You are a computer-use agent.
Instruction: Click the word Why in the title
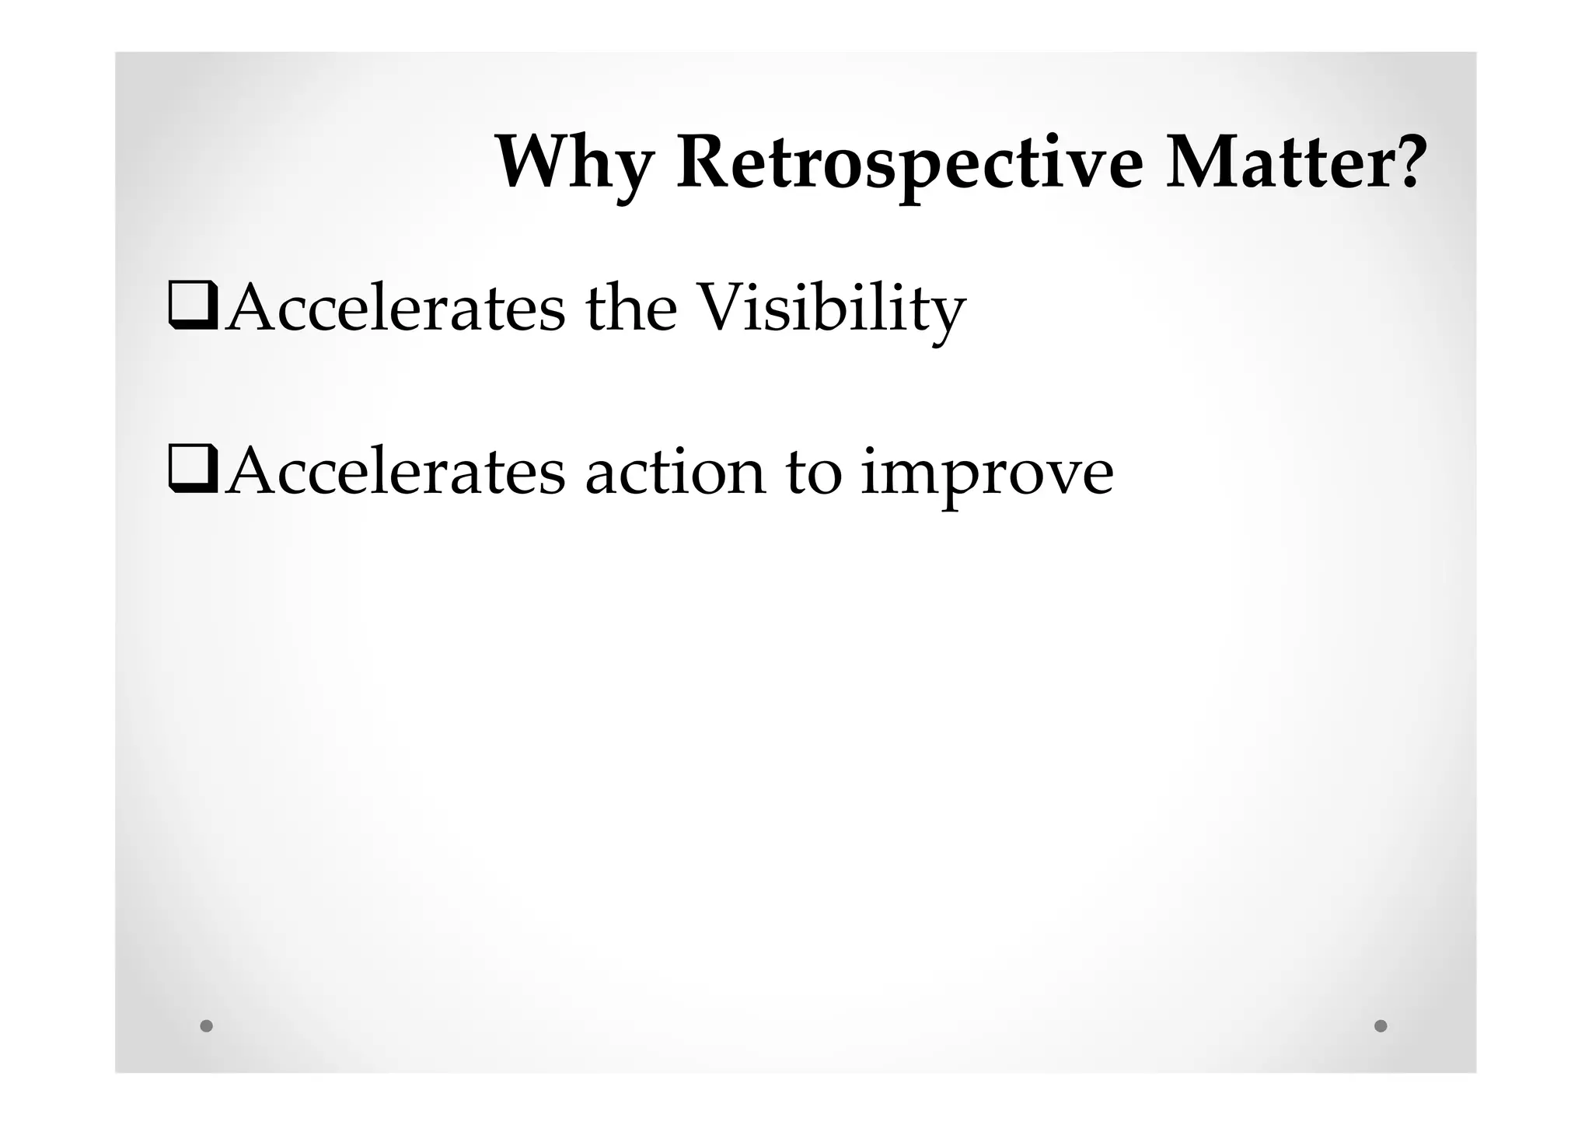(x=574, y=165)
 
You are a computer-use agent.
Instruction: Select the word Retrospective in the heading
(x=909, y=165)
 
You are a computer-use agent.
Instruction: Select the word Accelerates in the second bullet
(x=395, y=473)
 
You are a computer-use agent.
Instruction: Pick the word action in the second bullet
(x=675, y=473)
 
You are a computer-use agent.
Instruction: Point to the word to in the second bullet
(x=813, y=473)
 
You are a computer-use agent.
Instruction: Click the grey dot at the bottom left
(x=206, y=1025)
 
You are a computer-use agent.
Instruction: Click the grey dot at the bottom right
(x=1381, y=1025)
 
